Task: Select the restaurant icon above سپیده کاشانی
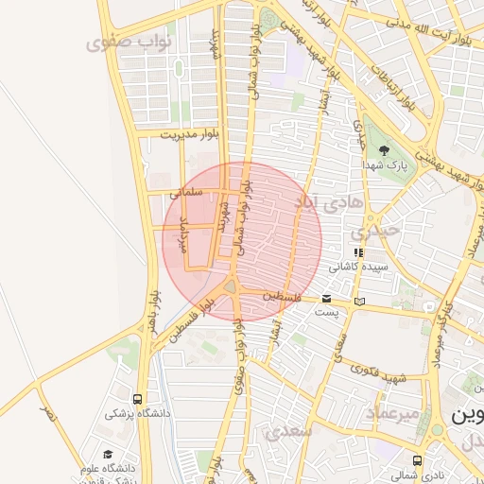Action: coord(357,253)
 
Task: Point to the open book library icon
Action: coord(358,302)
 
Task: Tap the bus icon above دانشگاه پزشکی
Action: coord(138,399)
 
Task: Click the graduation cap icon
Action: coord(107,455)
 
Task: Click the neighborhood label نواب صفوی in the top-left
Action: coord(122,43)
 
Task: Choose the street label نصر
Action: coord(46,414)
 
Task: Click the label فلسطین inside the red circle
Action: coord(284,297)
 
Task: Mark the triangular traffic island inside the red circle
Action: coord(232,285)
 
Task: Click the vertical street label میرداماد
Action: coord(184,233)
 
